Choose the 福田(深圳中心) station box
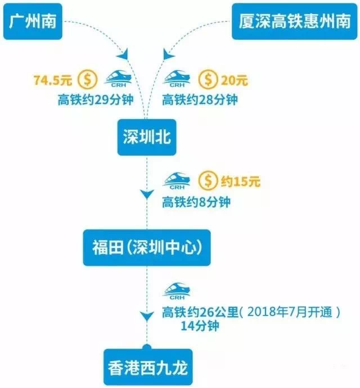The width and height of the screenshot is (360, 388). [146, 247]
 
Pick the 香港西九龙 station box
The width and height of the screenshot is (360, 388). [146, 368]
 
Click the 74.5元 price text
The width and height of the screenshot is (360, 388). [54, 78]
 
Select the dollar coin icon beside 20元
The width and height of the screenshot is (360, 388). [209, 78]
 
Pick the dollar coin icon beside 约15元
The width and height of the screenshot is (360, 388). [209, 181]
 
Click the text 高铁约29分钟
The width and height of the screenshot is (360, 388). [93, 101]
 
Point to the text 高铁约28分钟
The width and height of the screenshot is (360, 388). [200, 101]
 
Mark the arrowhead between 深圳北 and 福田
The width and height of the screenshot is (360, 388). [146, 195]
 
